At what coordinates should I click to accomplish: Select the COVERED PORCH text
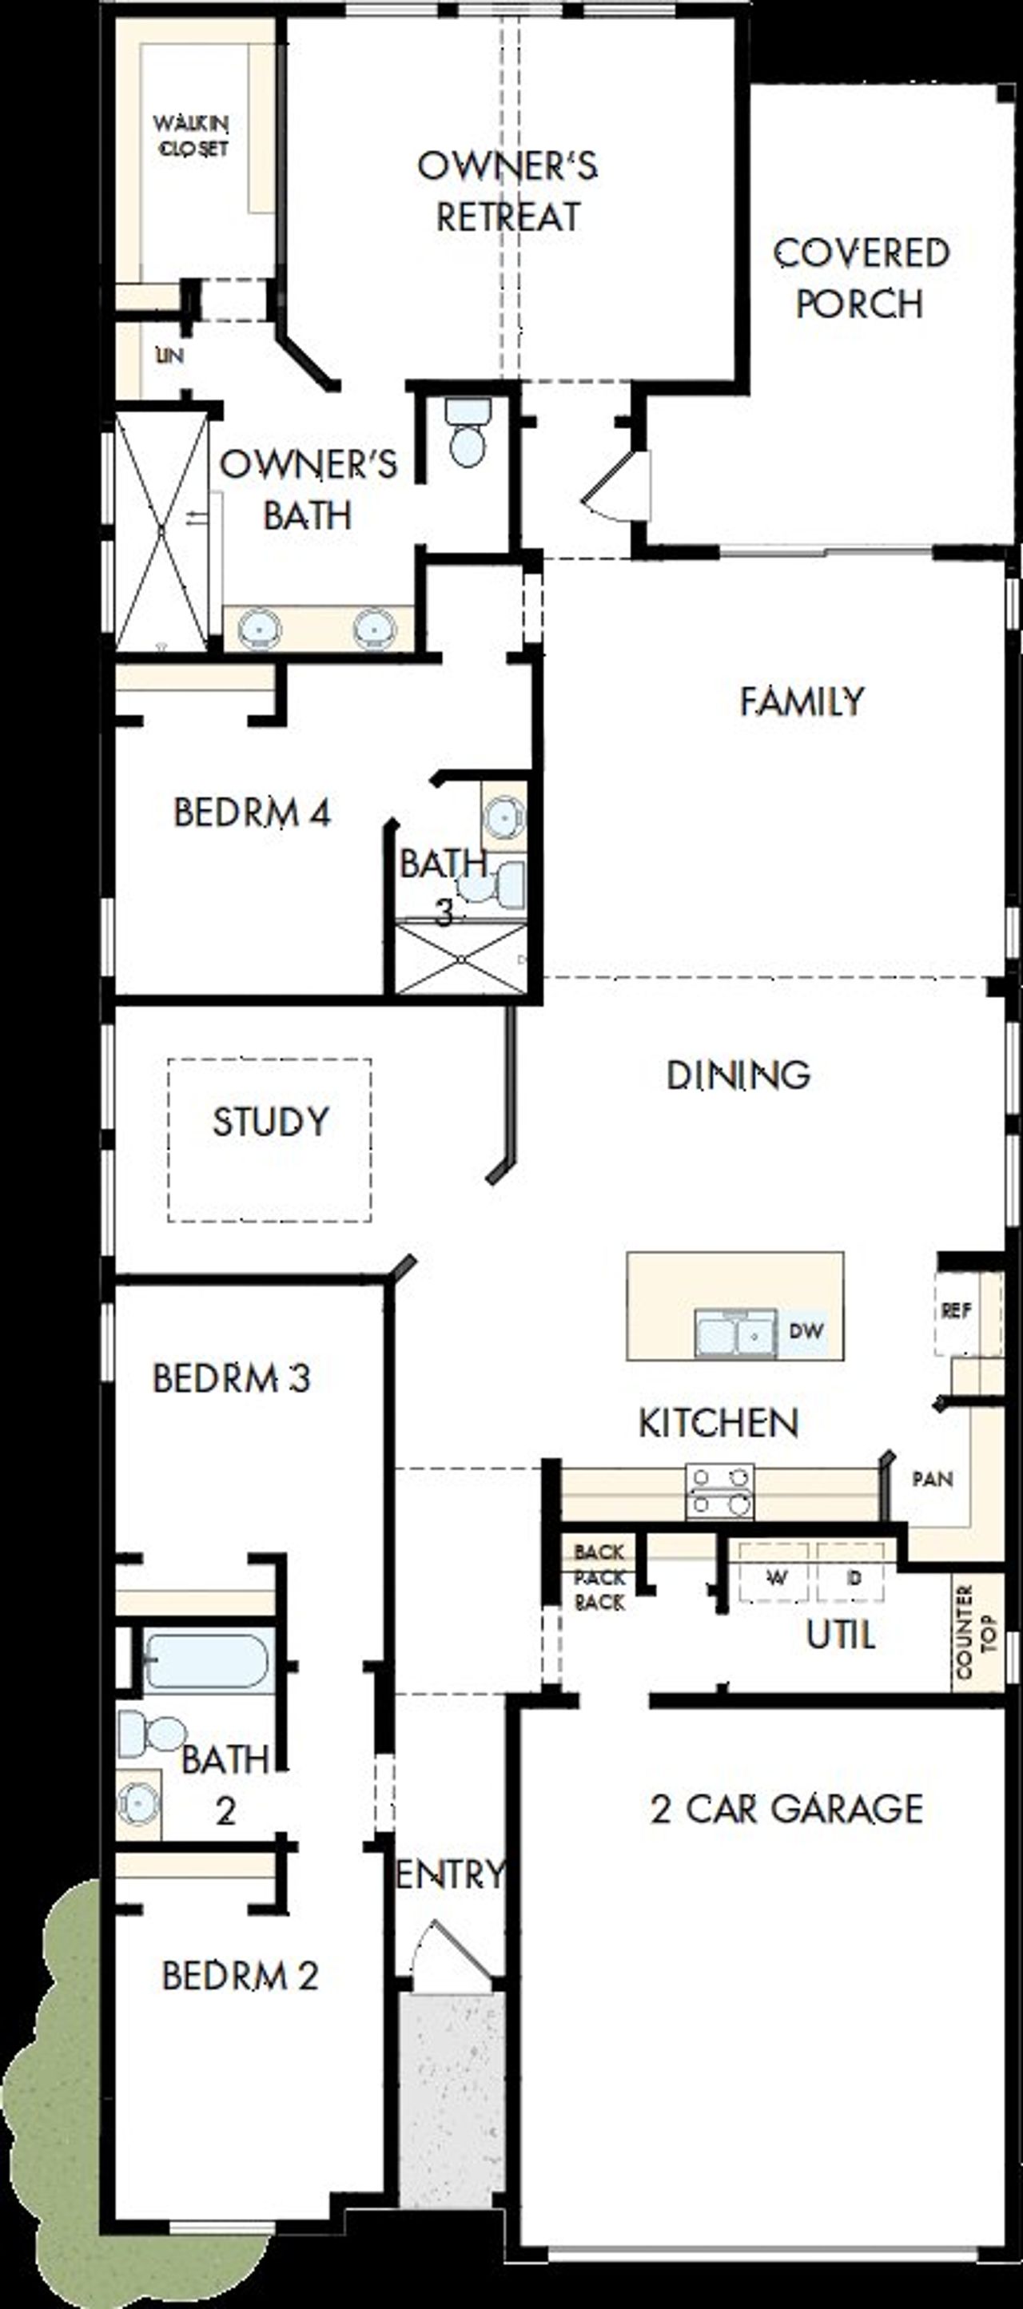click(860, 278)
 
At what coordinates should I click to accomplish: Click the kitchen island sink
click(736, 1333)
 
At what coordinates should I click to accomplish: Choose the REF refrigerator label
click(956, 1310)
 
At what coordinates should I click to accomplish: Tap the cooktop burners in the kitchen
click(719, 1492)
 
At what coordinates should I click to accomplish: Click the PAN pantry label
click(933, 1479)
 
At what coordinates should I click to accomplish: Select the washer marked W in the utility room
click(774, 1578)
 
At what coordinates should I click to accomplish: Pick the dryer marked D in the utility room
click(853, 1578)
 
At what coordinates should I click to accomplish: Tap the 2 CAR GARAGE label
click(786, 1809)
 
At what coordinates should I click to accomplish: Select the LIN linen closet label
click(169, 356)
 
